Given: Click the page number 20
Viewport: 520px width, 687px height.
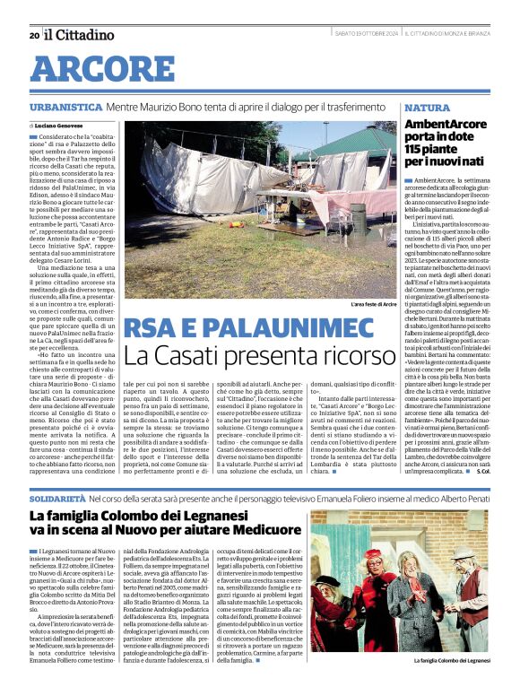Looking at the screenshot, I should (33, 35).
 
